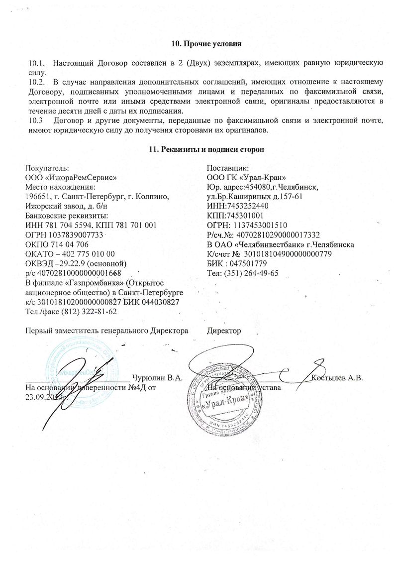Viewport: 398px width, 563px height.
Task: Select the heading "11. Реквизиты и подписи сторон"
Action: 206,149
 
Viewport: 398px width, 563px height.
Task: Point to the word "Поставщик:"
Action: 224,169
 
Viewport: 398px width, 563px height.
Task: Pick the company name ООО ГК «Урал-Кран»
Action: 246,178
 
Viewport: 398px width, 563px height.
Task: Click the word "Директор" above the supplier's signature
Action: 224,331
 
